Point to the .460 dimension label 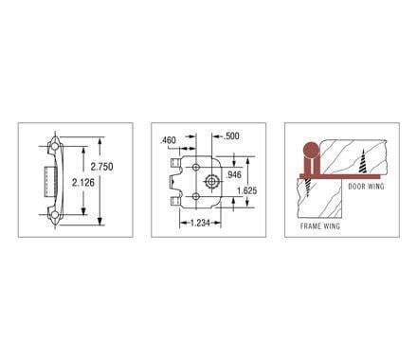pyautogui.click(x=170, y=141)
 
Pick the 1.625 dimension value pyautogui.click(x=245, y=189)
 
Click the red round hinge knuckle pyautogui.click(x=308, y=150)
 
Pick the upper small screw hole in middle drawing pyautogui.click(x=195, y=164)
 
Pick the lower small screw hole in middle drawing pyautogui.click(x=195, y=197)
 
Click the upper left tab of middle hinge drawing pyautogui.click(x=175, y=163)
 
